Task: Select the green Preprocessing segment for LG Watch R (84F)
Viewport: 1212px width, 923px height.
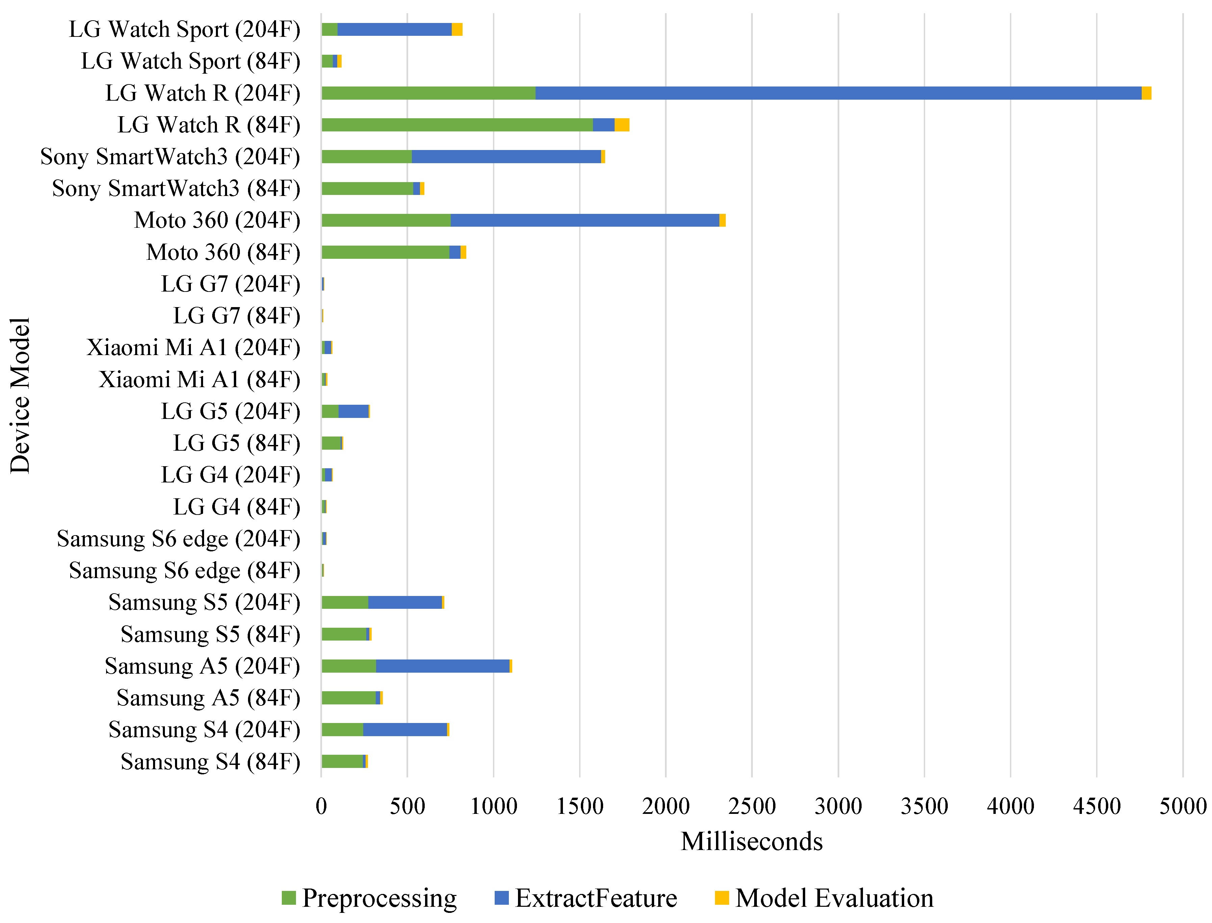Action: tap(456, 125)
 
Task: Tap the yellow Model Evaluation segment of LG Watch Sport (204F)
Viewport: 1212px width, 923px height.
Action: tap(456, 29)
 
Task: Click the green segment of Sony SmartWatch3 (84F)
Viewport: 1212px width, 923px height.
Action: tap(367, 189)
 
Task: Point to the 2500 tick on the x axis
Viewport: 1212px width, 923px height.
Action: tap(751, 806)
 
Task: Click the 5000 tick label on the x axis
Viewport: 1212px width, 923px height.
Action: tap(1182, 806)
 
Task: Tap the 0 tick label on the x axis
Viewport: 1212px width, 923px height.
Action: tap(321, 806)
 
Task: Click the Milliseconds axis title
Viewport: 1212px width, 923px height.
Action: tap(751, 842)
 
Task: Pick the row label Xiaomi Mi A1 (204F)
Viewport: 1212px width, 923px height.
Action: tap(193, 348)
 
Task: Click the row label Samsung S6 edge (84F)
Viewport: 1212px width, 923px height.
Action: tap(184, 571)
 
